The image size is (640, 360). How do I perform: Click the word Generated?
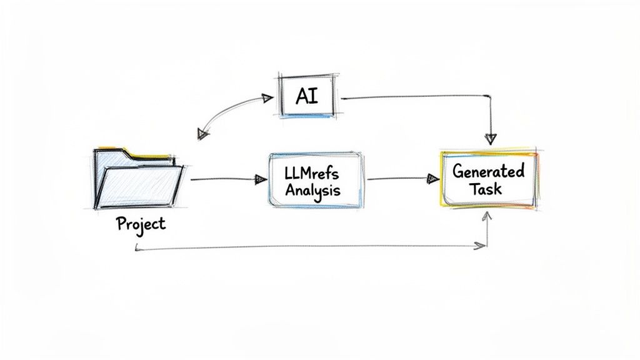point(488,171)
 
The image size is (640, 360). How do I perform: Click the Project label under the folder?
point(141,224)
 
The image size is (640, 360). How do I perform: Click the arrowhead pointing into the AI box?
point(267,98)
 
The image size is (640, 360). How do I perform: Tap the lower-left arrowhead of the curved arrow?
point(202,133)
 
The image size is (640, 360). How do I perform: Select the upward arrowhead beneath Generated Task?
point(487,216)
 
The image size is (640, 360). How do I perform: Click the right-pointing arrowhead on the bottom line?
point(480,246)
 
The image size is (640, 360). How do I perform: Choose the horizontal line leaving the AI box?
point(412,97)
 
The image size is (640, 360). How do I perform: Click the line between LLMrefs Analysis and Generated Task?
point(397,179)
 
